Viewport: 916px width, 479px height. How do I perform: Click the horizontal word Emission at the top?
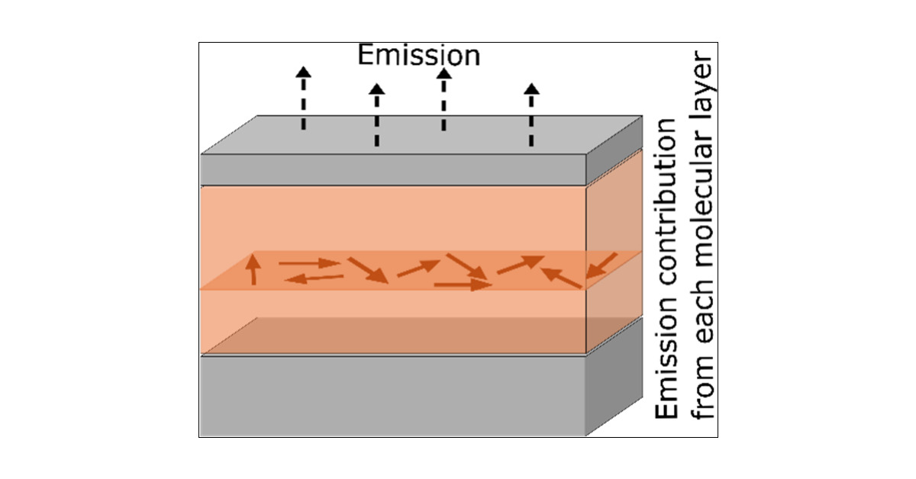(419, 56)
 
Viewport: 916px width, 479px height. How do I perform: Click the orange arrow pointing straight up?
(253, 269)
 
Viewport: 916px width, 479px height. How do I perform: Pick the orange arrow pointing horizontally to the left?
(314, 279)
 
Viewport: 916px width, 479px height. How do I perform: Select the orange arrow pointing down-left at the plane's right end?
(602, 265)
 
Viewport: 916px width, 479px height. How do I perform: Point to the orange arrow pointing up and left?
(561, 277)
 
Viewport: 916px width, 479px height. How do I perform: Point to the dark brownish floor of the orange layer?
(393, 336)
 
